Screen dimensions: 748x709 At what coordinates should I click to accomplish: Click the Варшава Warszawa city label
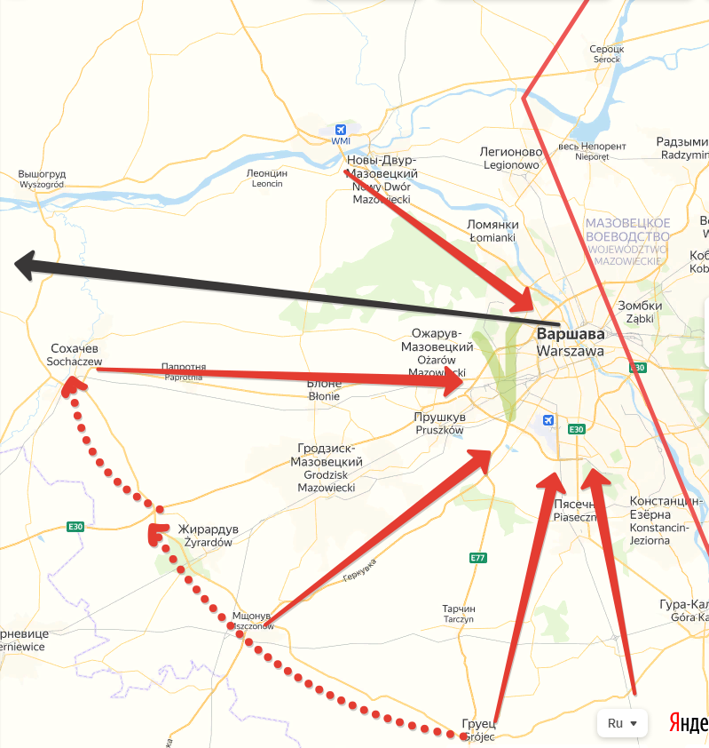571,343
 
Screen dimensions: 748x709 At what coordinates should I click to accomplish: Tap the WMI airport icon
341,130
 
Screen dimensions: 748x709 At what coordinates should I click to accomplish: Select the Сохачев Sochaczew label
75,354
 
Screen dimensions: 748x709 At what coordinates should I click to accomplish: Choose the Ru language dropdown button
623,723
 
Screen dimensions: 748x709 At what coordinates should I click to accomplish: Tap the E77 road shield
478,558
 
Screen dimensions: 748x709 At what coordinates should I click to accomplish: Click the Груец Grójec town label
478,728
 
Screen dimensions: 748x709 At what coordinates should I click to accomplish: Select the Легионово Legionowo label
510,158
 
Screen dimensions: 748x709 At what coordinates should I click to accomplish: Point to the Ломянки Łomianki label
492,231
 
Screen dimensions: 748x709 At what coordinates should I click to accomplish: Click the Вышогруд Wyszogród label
42,179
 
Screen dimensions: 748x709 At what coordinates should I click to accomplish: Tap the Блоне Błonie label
324,390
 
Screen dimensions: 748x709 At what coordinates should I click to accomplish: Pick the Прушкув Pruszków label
439,423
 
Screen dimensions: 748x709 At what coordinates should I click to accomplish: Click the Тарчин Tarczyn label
459,613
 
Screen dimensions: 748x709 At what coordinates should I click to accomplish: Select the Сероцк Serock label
607,53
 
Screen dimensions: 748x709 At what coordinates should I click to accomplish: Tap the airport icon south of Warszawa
548,419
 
